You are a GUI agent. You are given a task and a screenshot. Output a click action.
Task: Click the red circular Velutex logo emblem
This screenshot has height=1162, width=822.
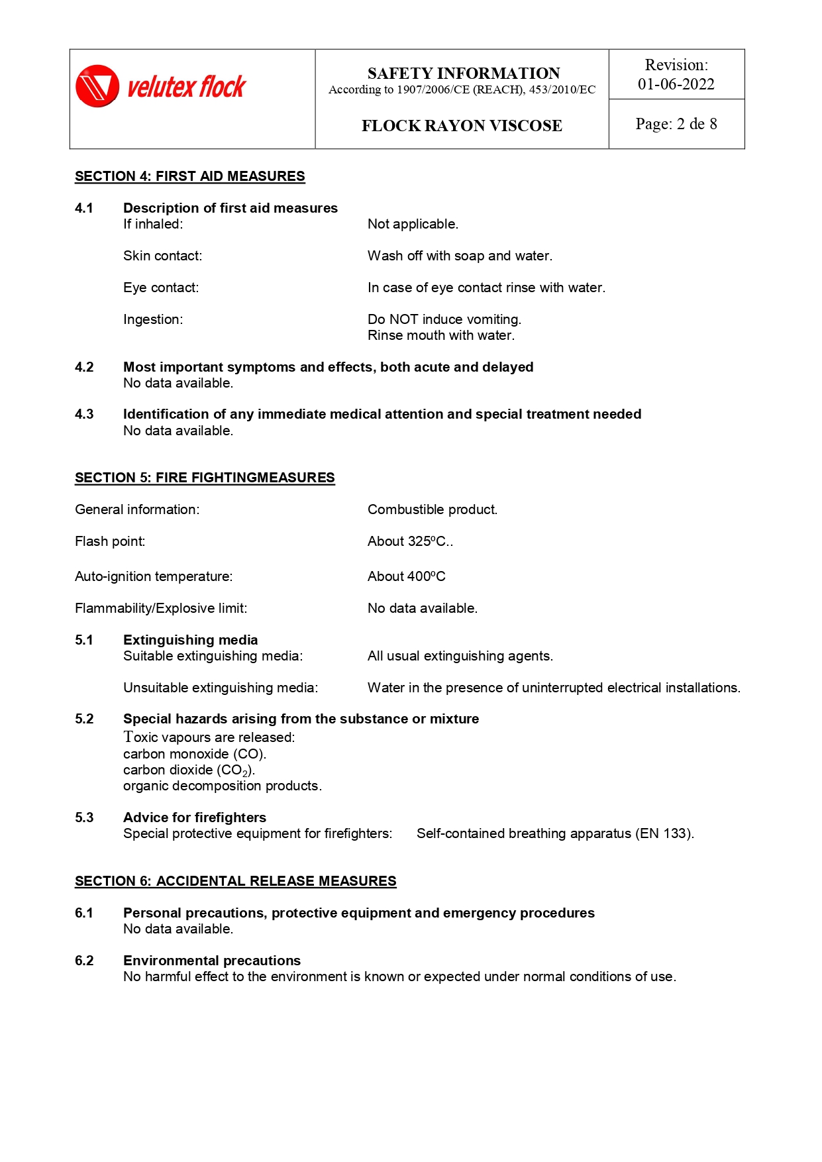[x=97, y=86]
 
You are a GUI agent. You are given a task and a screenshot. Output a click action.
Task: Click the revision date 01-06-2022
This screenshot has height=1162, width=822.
[x=676, y=84]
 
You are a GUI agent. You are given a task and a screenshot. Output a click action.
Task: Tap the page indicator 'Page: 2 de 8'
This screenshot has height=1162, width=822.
[x=676, y=124]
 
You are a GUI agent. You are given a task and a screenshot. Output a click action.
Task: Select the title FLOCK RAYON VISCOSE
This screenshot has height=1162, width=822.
[x=462, y=126]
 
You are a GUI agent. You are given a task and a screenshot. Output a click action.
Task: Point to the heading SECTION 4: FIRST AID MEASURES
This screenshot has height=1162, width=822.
[x=189, y=176]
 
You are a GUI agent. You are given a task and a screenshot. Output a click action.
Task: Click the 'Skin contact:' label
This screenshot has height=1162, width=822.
[x=162, y=256]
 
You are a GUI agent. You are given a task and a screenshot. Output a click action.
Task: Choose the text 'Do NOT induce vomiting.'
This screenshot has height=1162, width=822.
[x=444, y=319]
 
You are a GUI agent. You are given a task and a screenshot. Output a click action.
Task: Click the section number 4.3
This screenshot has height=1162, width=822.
[x=84, y=414]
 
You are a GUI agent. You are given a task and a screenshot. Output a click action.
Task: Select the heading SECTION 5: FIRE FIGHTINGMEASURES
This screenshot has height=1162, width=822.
[x=205, y=478]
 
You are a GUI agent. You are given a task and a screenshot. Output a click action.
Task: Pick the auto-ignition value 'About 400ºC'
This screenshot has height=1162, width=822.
[x=406, y=576]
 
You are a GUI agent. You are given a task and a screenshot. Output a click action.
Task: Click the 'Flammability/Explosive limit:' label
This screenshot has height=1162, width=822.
[x=161, y=608]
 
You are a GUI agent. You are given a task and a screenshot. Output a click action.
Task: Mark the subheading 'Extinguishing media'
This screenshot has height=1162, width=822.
[x=190, y=640]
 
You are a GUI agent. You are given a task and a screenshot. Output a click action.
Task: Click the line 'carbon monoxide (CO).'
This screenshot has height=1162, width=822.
[x=195, y=754]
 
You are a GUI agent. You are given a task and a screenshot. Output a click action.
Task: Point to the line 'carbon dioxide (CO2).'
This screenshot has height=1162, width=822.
[x=189, y=770]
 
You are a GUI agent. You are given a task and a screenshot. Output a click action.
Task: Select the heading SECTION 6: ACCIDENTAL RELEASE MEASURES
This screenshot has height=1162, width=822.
[x=235, y=881]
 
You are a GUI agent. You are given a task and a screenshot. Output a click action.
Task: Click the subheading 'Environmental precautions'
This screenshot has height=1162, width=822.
[x=212, y=961]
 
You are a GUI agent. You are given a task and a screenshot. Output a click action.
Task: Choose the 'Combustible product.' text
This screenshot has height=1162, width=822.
[x=433, y=509]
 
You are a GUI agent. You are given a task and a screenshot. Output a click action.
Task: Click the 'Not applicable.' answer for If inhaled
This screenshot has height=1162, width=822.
[x=413, y=224]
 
